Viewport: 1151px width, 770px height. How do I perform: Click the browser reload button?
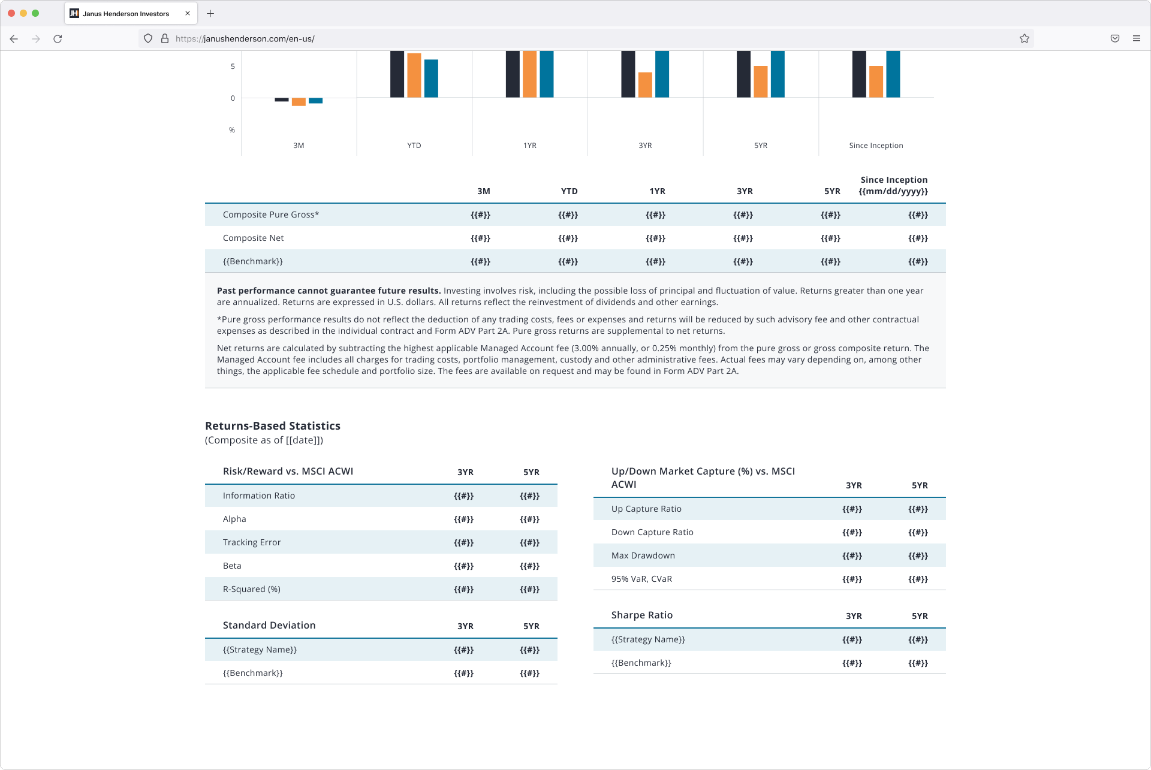click(x=58, y=39)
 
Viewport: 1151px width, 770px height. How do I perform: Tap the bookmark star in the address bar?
click(x=1025, y=38)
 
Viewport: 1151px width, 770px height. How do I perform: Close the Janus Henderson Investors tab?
click(x=188, y=13)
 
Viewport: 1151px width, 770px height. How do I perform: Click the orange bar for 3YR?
click(x=645, y=85)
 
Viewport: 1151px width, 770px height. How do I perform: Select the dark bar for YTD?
click(x=397, y=74)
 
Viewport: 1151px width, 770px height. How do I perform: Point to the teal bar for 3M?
click(x=316, y=101)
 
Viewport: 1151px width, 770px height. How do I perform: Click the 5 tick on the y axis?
click(x=233, y=67)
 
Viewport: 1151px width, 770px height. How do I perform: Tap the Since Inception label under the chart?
click(x=876, y=146)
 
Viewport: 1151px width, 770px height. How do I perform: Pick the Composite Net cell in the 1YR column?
click(x=655, y=238)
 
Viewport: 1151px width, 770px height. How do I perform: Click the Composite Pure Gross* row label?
click(x=271, y=215)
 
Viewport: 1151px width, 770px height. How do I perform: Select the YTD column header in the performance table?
click(x=570, y=191)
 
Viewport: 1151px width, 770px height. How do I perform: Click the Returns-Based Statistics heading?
click(x=273, y=426)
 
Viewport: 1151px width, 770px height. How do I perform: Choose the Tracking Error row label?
click(x=252, y=542)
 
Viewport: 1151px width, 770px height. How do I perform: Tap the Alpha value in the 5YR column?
click(x=529, y=520)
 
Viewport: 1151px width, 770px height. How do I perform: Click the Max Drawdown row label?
click(x=643, y=555)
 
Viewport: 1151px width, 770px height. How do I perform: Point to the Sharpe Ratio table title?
click(x=642, y=615)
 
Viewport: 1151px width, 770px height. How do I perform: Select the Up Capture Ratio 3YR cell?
click(x=852, y=509)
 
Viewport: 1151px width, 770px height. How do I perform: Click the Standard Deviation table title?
click(x=269, y=625)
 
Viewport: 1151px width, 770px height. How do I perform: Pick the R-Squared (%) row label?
click(x=252, y=589)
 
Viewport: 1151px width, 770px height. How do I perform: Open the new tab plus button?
click(x=210, y=13)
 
